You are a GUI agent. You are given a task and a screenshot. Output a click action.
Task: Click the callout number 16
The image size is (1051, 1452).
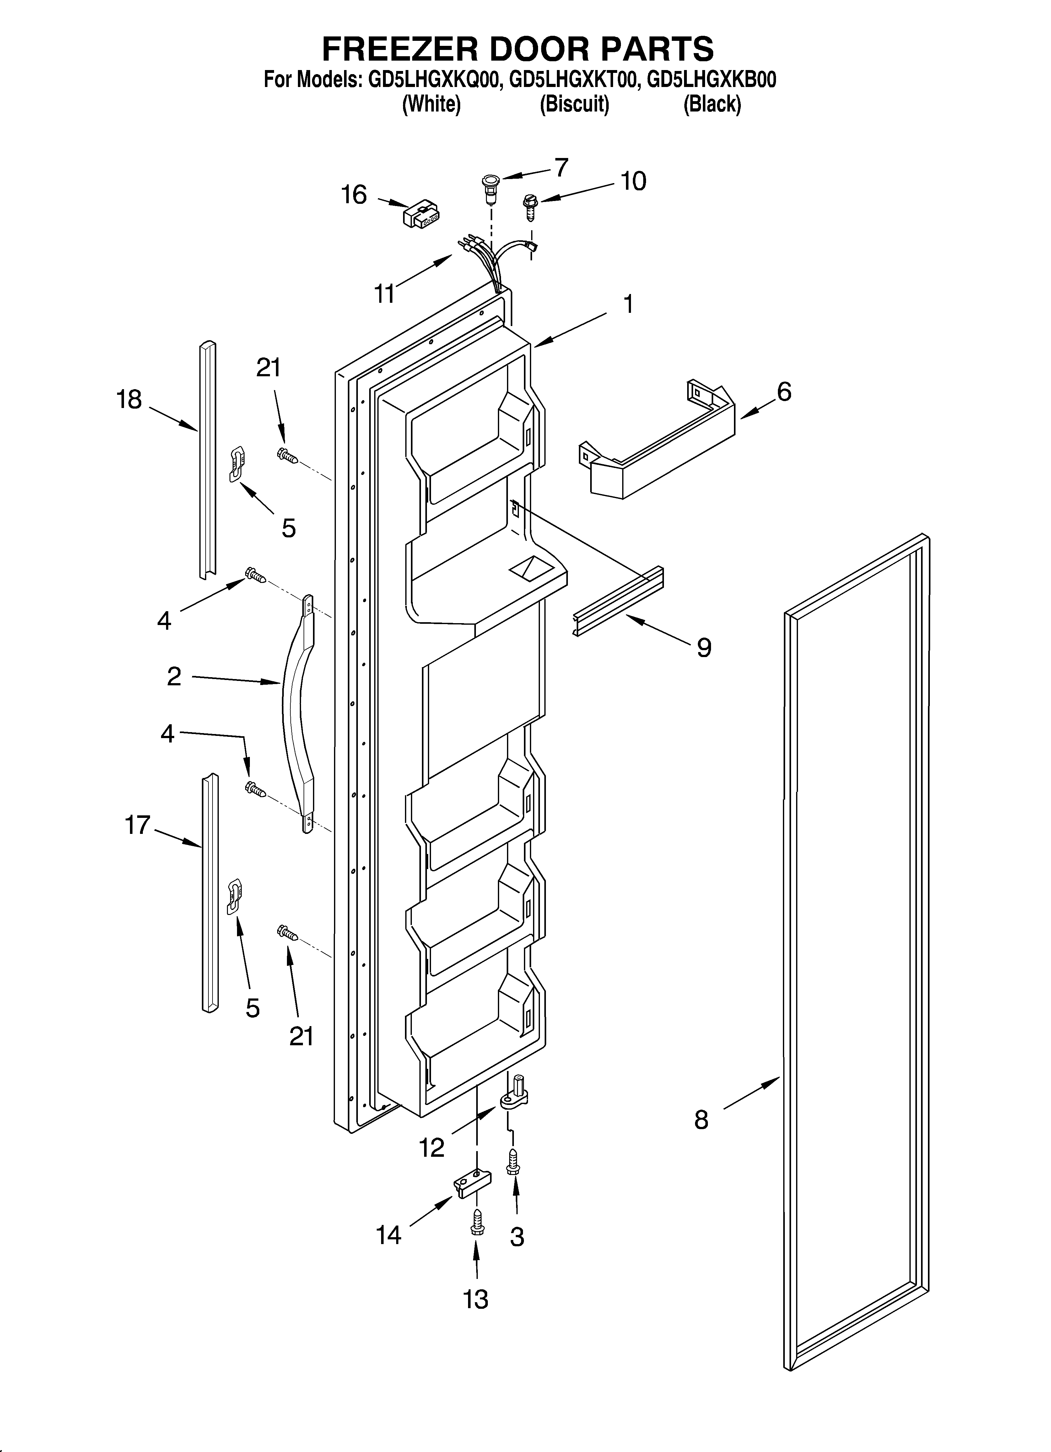[354, 195]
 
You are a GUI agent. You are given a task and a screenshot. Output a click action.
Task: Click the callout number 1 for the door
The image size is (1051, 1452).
[628, 304]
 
